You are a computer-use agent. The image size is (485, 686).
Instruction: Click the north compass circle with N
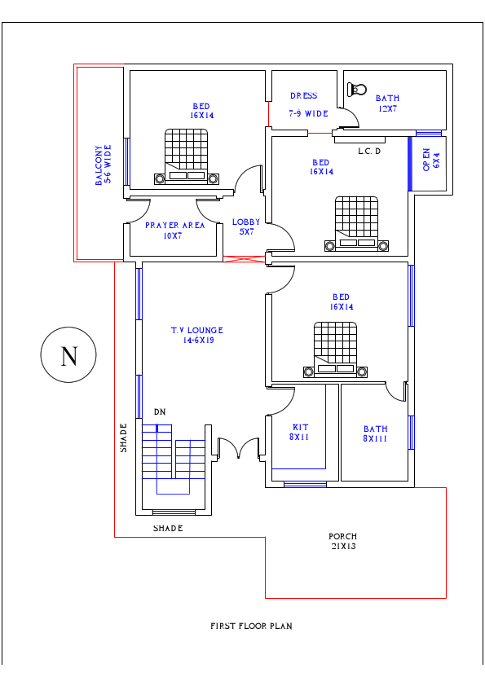click(x=68, y=355)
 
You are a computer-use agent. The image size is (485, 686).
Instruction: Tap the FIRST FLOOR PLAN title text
click(x=251, y=627)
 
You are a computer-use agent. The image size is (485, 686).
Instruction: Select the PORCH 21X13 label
click(x=342, y=542)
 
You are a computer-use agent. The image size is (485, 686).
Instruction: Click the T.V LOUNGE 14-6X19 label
click(x=196, y=336)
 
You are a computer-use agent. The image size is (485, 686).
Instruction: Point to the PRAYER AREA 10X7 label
click(x=174, y=231)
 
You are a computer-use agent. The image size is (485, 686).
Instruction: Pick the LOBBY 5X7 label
click(x=246, y=227)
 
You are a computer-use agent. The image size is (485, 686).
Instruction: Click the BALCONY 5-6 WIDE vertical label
click(x=103, y=165)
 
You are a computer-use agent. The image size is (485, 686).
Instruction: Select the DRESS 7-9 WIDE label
click(x=308, y=105)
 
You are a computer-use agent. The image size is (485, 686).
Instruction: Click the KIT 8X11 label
click(x=299, y=433)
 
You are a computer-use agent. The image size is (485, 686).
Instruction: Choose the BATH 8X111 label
click(x=376, y=434)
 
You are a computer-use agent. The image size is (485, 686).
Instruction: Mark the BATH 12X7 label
click(x=387, y=103)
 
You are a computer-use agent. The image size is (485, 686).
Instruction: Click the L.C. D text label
click(x=369, y=152)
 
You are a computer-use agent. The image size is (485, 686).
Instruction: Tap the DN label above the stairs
click(x=160, y=413)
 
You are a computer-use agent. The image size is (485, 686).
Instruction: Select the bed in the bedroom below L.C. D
click(x=357, y=222)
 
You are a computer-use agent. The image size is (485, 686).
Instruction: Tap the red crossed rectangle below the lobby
click(x=245, y=259)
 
